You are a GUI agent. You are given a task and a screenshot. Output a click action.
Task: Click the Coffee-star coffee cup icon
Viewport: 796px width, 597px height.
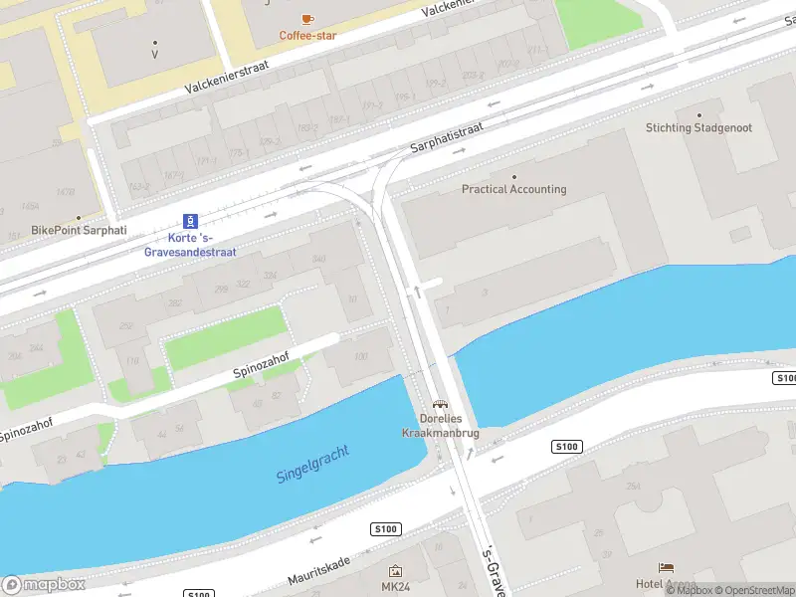(307, 19)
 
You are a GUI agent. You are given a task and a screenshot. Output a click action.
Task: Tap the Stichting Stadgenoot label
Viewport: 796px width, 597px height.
(698, 128)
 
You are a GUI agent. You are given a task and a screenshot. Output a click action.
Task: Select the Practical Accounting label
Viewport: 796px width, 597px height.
(513, 189)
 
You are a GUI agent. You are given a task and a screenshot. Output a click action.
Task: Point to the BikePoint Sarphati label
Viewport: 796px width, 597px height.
(79, 230)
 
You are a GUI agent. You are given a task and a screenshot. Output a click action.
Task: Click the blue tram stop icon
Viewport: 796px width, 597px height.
(189, 221)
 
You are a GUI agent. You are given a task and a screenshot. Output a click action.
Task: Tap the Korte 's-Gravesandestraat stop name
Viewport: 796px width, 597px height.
(189, 245)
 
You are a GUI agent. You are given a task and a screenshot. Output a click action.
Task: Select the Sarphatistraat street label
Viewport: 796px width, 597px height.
(447, 138)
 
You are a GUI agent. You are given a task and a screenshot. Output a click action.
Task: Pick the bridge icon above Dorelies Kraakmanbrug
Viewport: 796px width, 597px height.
(439, 405)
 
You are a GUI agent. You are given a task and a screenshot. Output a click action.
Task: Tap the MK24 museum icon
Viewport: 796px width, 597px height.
(395, 571)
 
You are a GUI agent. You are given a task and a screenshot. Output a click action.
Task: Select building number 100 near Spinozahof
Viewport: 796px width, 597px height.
(359, 356)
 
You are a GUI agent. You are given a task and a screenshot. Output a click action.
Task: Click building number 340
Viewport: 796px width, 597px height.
(318, 260)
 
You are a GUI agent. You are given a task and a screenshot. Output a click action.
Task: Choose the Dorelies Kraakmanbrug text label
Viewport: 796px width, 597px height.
(439, 426)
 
